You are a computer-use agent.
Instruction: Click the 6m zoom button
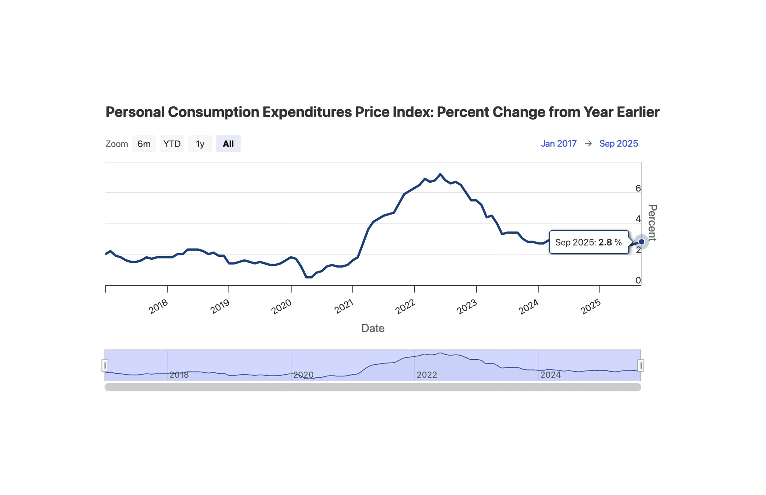[144, 144]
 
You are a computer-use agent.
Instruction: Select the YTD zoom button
[172, 144]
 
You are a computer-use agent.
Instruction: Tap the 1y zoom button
[200, 144]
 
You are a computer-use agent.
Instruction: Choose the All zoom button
[228, 144]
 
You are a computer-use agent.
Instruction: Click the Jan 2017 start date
[558, 143]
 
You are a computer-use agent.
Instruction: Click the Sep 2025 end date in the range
[618, 143]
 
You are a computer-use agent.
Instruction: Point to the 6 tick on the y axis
[638, 188]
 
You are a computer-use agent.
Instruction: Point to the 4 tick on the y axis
[638, 219]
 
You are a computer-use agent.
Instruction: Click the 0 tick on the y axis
[638, 280]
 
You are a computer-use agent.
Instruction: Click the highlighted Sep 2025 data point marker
[641, 242]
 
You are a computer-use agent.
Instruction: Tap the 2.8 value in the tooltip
[605, 242]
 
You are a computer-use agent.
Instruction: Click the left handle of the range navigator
[105, 365]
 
